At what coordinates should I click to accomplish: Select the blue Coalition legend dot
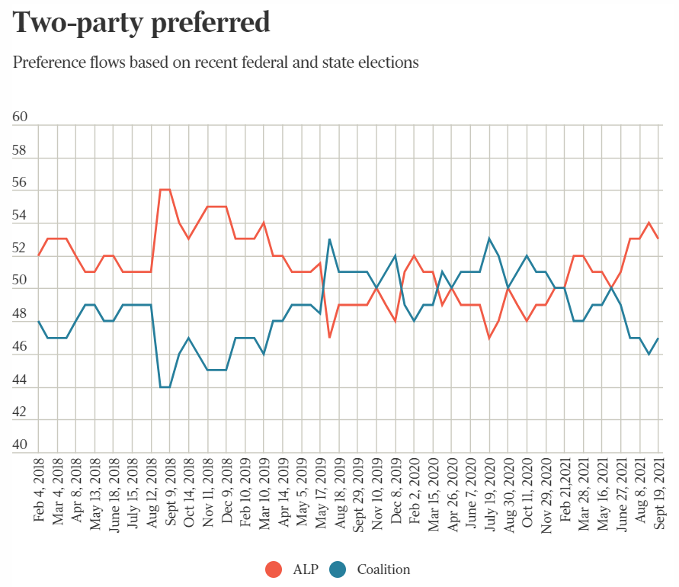(x=338, y=569)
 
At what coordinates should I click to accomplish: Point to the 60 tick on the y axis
(x=21, y=117)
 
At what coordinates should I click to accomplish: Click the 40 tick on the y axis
(x=21, y=445)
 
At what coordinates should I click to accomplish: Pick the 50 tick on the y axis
(x=21, y=281)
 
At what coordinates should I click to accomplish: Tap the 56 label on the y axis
(x=21, y=183)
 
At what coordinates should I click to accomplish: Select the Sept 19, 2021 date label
(x=659, y=489)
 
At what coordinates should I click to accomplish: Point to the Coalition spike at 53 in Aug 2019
(x=329, y=239)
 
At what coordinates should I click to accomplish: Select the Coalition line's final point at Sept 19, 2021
(x=659, y=338)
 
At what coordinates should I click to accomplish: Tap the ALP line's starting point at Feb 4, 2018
(x=39, y=255)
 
